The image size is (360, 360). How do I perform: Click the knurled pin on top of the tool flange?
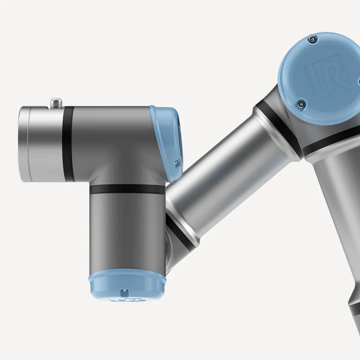[x=56, y=103]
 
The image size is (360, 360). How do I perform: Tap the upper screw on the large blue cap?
[x=312, y=38]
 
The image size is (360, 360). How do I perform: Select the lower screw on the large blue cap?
[x=300, y=104]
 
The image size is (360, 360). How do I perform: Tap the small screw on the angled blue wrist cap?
[x=176, y=162]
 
